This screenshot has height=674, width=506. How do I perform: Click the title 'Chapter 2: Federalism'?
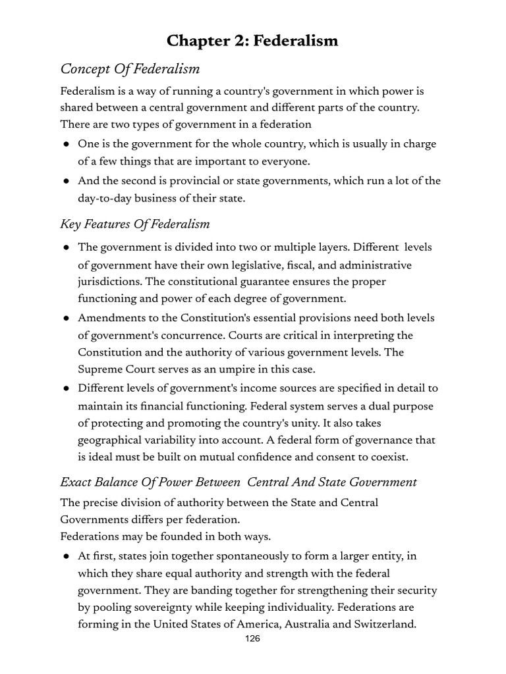coord(252,41)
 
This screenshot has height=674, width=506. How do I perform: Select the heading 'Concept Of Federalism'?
coord(130,69)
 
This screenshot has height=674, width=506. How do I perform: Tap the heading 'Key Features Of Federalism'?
coord(134,224)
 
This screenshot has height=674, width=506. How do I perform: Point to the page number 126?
coord(252,638)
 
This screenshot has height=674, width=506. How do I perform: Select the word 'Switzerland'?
coord(384,624)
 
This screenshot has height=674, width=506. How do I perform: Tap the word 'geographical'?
coord(113,440)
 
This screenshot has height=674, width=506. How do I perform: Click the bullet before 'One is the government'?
coord(67,144)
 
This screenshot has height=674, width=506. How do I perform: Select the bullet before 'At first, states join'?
coord(67,556)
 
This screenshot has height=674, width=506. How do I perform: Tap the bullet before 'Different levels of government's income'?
coord(67,388)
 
